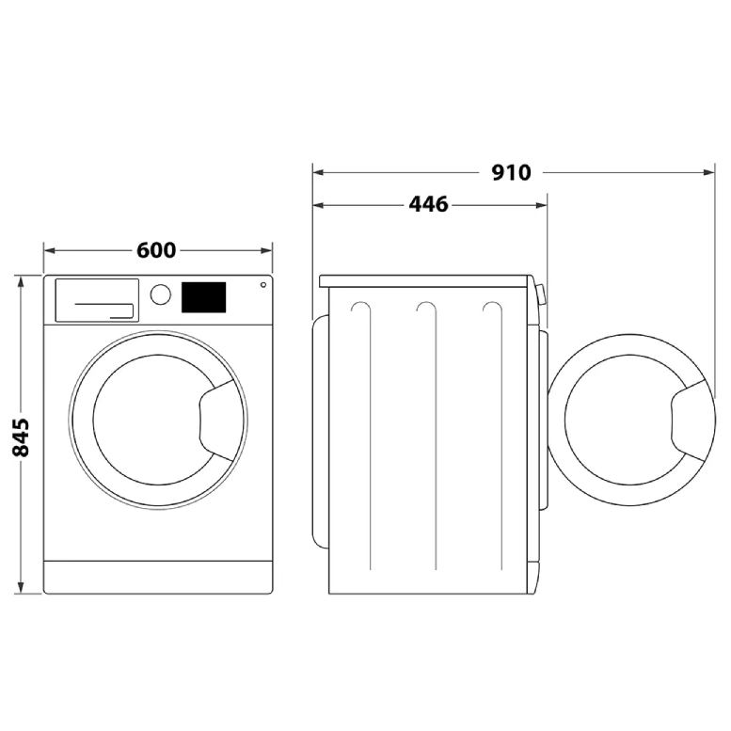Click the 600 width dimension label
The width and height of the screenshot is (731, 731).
click(156, 250)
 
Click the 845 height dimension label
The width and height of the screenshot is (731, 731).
click(22, 437)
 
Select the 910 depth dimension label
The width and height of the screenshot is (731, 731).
click(511, 172)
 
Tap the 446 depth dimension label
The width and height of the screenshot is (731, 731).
click(428, 204)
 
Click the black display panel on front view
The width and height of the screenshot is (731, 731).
click(203, 297)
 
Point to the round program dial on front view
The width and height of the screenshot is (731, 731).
click(161, 294)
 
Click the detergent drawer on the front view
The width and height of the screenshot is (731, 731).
click(96, 300)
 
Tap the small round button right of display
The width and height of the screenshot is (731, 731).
click(262, 284)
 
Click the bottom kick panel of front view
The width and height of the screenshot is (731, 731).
click(157, 577)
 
